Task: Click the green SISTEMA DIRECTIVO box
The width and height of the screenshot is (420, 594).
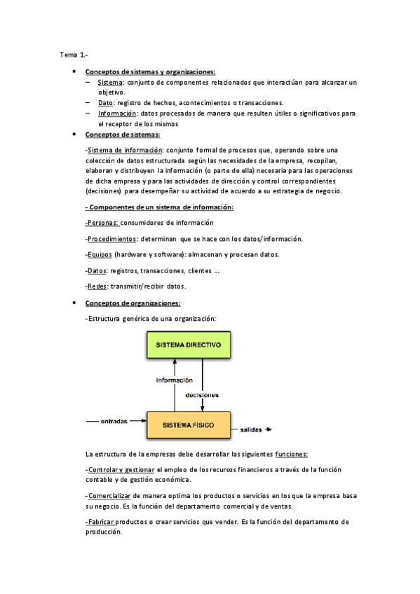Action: click(x=189, y=345)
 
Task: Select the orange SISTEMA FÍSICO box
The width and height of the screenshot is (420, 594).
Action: click(x=189, y=424)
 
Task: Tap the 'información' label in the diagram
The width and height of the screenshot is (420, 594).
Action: click(x=174, y=380)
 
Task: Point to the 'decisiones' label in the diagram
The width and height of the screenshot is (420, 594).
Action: click(x=203, y=394)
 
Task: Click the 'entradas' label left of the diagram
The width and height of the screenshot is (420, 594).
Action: click(x=114, y=422)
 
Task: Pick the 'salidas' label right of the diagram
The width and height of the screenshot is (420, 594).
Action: click(x=251, y=429)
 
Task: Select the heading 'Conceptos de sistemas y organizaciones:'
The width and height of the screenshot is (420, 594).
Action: click(x=150, y=72)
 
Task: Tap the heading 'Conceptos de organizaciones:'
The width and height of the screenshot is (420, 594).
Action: click(x=133, y=303)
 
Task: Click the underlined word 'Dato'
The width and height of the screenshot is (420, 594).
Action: click(x=106, y=102)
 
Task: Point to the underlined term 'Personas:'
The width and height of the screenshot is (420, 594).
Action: click(x=102, y=223)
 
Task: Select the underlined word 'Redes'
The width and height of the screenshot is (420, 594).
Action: click(x=97, y=286)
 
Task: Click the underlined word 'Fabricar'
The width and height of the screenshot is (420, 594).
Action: click(x=100, y=522)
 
